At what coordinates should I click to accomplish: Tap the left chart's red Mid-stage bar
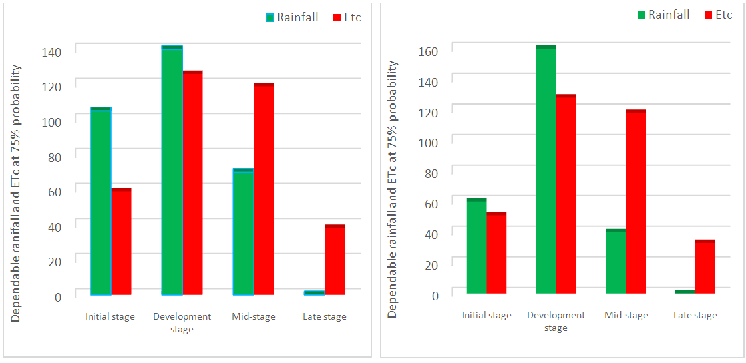[264, 188]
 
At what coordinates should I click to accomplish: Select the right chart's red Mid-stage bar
[636, 201]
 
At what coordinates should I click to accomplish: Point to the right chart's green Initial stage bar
[476, 246]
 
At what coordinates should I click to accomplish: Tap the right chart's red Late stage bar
[705, 266]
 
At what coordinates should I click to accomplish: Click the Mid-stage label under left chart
[254, 316]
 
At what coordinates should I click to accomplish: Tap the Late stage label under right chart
[695, 315]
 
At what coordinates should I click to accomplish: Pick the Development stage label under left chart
[182, 322]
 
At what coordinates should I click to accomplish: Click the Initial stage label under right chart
[486, 315]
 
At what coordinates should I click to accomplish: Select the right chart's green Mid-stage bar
[616, 261]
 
